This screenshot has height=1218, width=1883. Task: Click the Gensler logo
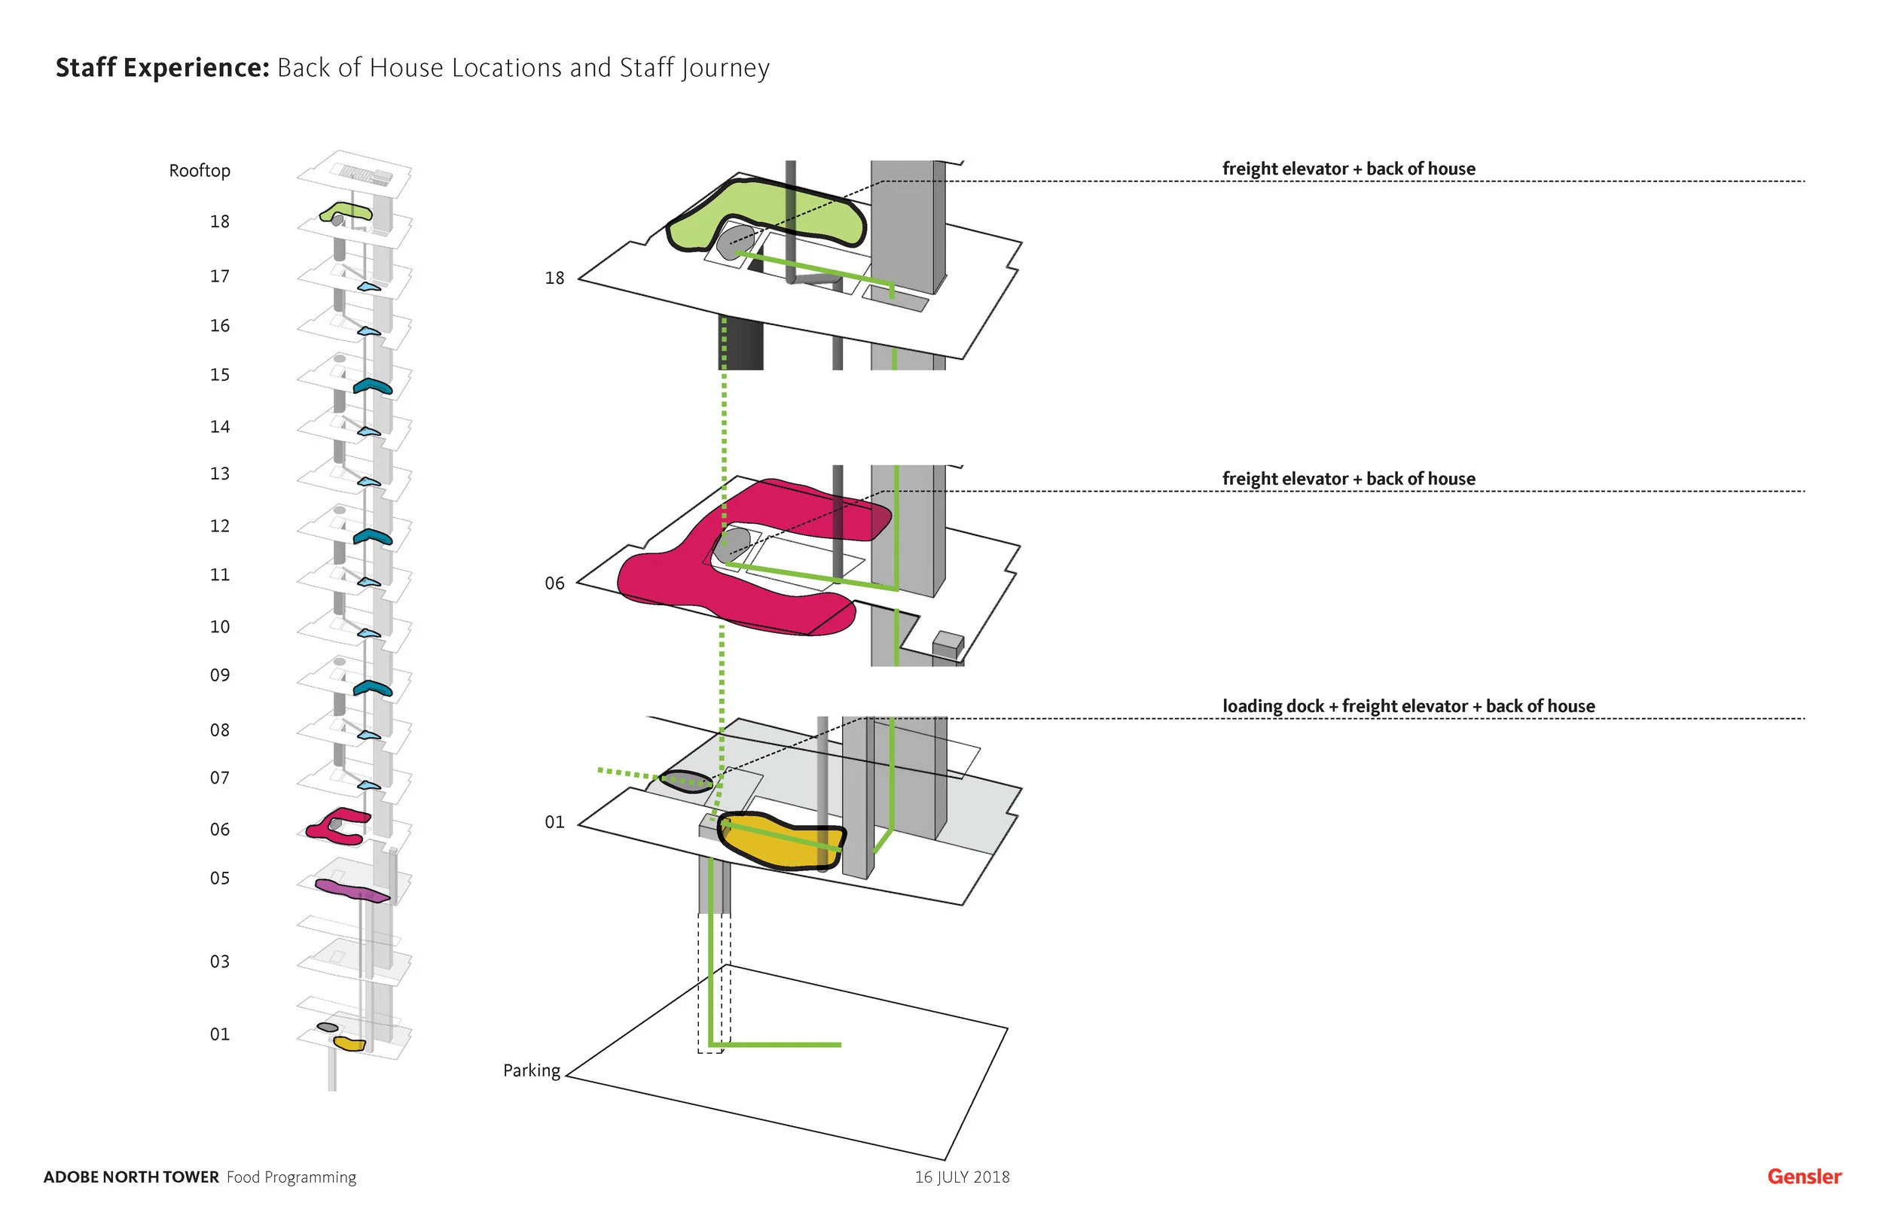pos(1803,1176)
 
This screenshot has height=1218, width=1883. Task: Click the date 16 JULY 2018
pos(961,1176)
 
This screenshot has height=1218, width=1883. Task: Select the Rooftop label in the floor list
pos(200,171)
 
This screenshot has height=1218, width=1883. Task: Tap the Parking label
pos(531,1070)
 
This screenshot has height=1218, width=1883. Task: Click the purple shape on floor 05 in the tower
pos(348,889)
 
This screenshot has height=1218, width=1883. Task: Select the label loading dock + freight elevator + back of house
pos(1408,705)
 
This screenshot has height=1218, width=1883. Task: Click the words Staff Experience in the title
pos(163,68)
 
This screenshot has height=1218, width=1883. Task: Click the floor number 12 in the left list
pos(219,526)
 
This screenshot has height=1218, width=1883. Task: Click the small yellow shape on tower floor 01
pos(349,1043)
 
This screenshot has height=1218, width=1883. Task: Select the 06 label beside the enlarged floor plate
pos(554,583)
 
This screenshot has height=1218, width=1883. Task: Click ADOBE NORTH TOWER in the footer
pos(130,1176)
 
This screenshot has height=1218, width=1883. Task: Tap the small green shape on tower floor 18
pos(345,212)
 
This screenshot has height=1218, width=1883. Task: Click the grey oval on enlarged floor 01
pos(686,781)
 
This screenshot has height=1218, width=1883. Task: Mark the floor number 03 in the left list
pos(219,961)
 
